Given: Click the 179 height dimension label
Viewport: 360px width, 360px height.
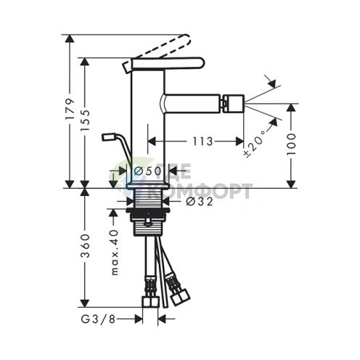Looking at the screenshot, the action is [70, 109].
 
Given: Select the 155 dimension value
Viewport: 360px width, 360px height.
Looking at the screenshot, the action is [85, 120].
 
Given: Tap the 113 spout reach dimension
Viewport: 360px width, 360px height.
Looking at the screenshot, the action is [202, 142].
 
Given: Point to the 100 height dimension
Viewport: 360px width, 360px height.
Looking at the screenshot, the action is [291, 144].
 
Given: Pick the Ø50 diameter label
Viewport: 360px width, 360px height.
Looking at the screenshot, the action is [147, 171].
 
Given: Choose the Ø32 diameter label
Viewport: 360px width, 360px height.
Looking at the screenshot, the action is [200, 201].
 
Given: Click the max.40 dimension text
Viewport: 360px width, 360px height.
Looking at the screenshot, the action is [115, 253].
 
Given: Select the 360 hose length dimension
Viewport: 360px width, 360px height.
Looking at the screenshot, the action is [85, 245].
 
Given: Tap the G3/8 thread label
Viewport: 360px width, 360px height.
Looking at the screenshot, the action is [98, 319].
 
